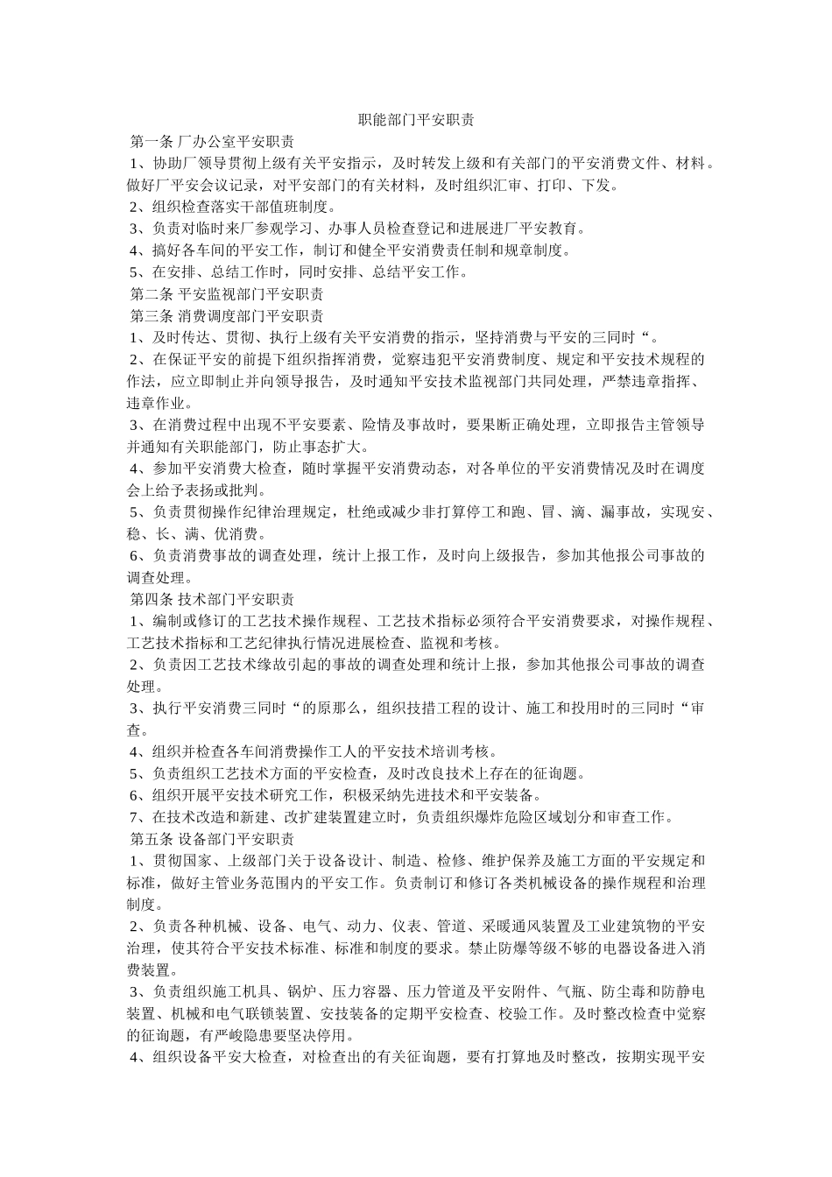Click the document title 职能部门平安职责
click(x=416, y=120)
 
